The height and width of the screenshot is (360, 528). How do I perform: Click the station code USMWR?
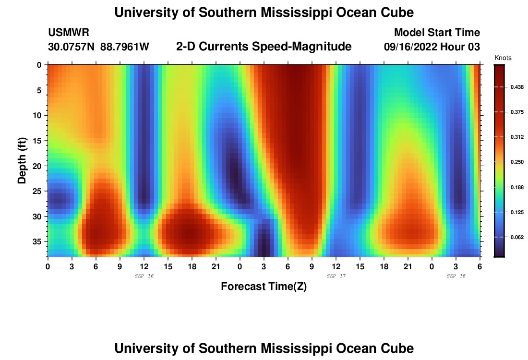(x=68, y=33)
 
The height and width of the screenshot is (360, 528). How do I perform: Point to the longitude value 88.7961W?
(x=125, y=47)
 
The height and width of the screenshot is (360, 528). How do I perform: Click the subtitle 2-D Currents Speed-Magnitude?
(x=264, y=47)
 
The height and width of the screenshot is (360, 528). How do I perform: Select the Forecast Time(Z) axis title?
(x=264, y=287)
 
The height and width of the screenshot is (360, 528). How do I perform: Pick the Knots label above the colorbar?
(x=503, y=58)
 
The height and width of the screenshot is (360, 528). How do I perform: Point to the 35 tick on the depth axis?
(x=38, y=241)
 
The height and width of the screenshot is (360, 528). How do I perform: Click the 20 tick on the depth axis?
(x=38, y=166)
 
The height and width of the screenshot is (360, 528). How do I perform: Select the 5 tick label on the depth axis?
(x=40, y=90)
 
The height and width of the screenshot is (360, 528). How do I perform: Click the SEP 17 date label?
(x=336, y=276)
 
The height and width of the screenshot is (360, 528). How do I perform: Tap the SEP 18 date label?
(x=456, y=276)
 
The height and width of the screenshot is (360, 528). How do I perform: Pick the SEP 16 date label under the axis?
(x=144, y=276)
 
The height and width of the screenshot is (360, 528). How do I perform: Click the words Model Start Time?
(x=437, y=33)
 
